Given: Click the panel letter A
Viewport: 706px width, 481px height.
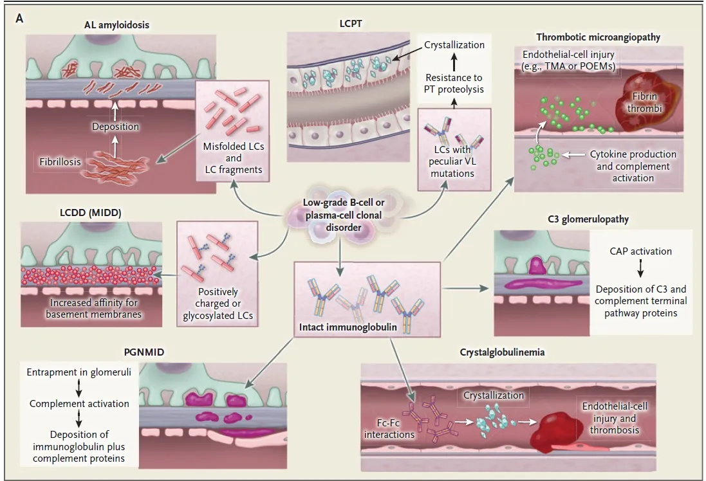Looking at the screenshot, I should click(19, 19).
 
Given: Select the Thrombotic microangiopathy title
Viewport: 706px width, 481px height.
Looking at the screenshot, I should click(598, 37).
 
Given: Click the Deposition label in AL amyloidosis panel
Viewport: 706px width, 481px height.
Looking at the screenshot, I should click(115, 127).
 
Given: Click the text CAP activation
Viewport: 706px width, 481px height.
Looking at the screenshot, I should click(640, 251).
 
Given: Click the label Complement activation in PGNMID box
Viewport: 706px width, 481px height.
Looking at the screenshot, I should click(79, 404).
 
